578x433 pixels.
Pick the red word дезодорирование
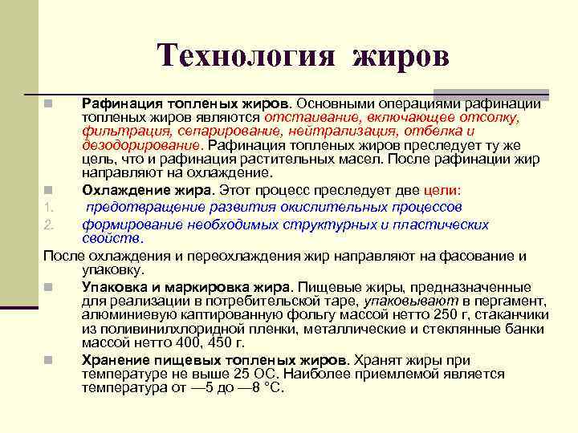pos(141,145)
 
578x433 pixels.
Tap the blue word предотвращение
pos(145,207)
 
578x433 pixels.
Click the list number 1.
pos(47,208)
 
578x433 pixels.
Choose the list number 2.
pos(48,225)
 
